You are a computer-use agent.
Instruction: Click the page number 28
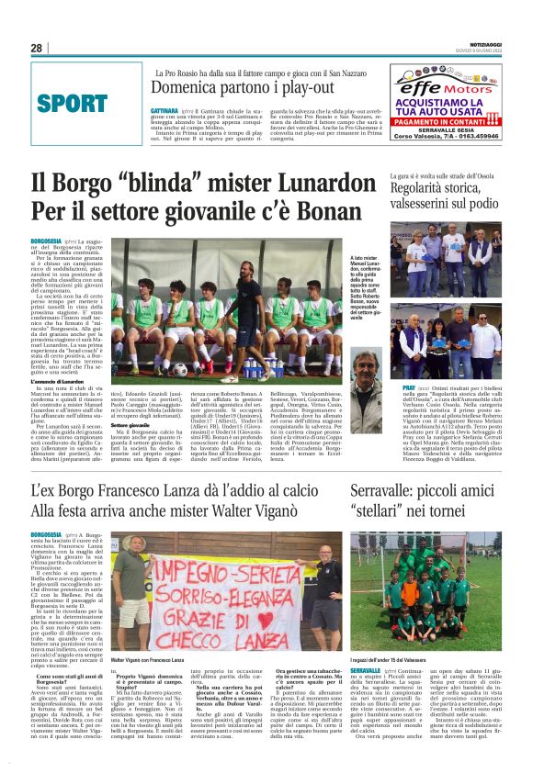pyautogui.click(x=37, y=48)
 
